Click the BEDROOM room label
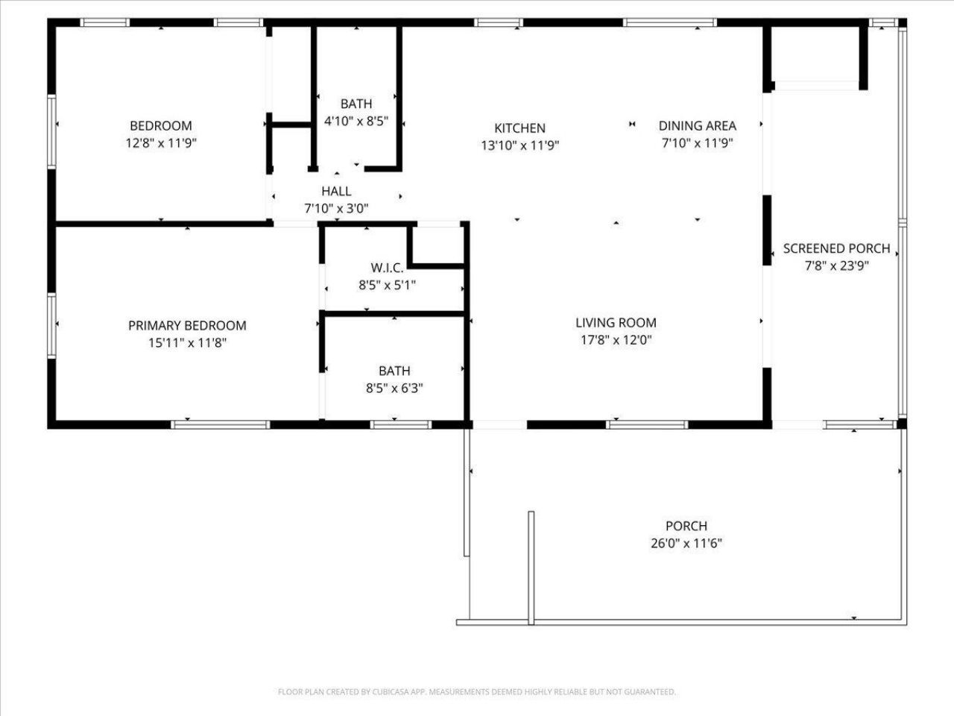(x=160, y=126)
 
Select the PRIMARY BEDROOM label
(x=187, y=326)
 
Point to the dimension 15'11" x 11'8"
(x=187, y=343)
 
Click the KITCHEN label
(x=519, y=128)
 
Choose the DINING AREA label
(x=697, y=126)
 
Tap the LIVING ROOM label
(x=616, y=323)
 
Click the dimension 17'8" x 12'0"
(x=616, y=340)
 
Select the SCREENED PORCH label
(x=836, y=248)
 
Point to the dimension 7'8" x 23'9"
(x=836, y=266)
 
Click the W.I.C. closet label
(x=387, y=268)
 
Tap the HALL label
(x=336, y=192)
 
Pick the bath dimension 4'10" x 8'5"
(x=356, y=121)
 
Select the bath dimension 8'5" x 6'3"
(x=394, y=388)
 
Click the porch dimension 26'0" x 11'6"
(x=686, y=543)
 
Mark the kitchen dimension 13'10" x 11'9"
(x=519, y=145)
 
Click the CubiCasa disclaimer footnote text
(x=477, y=692)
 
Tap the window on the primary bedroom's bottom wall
(x=220, y=425)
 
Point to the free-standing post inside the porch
(x=531, y=567)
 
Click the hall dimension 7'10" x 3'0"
(x=336, y=209)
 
